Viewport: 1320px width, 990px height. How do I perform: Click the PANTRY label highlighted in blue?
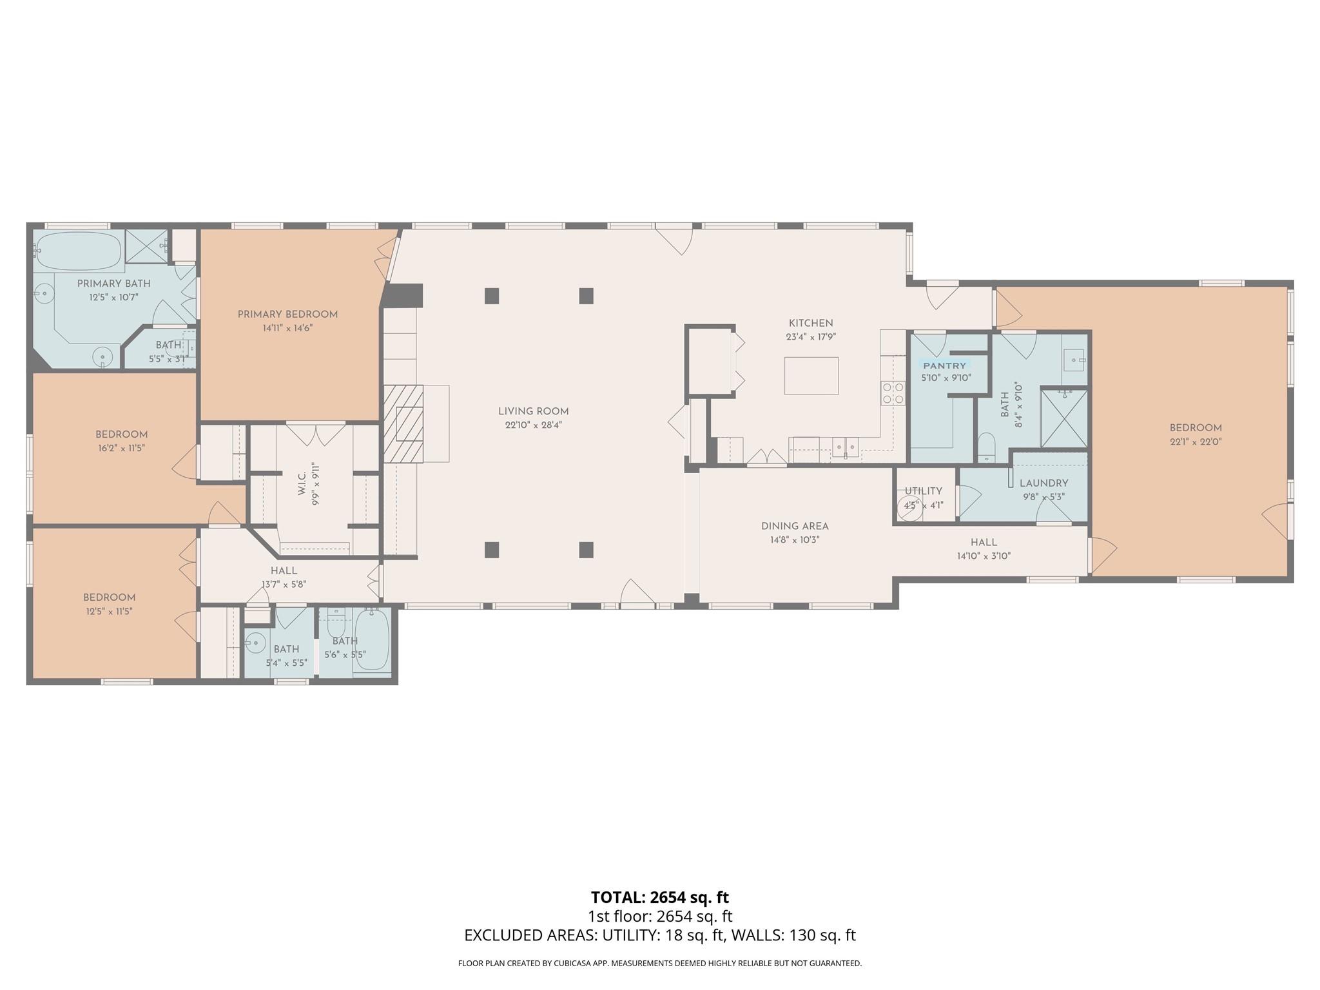(945, 365)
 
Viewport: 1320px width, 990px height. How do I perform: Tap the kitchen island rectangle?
(811, 376)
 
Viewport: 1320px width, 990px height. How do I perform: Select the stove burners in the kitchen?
(893, 393)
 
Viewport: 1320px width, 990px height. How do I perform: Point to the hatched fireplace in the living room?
(403, 424)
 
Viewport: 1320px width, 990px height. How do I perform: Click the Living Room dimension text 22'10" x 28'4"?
(534, 425)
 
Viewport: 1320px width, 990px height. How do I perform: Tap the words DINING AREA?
(795, 526)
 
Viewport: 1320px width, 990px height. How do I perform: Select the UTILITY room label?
(923, 491)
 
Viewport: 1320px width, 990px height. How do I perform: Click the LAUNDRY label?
(1043, 483)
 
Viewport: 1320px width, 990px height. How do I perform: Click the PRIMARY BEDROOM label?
(287, 315)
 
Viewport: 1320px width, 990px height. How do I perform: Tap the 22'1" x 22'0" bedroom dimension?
(1196, 442)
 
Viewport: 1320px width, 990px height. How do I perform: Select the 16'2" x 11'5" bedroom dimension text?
(121, 449)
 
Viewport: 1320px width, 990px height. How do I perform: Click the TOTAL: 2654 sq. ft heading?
(659, 897)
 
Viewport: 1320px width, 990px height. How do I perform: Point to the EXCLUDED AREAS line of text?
(659, 935)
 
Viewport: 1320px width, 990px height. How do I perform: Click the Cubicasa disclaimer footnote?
(659, 964)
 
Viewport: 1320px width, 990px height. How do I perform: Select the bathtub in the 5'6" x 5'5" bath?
(372, 640)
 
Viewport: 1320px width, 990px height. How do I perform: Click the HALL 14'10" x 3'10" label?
(984, 548)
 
